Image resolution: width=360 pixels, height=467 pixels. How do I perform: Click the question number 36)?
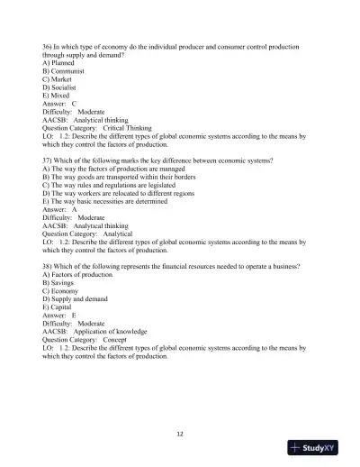tap(49, 44)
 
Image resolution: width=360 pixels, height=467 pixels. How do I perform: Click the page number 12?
tap(180, 434)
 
